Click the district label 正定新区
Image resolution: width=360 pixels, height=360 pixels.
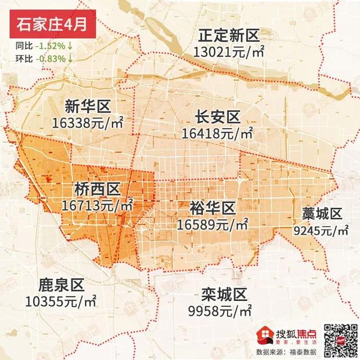[228, 37]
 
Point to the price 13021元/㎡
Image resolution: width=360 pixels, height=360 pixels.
[228, 52]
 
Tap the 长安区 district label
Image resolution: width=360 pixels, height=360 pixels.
[218, 118]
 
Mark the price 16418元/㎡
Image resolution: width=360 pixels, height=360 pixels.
[218, 133]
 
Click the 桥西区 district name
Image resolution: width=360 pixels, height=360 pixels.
[98, 189]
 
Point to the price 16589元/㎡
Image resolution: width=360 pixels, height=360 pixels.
[212, 224]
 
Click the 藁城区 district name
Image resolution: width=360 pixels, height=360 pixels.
[322, 214]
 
